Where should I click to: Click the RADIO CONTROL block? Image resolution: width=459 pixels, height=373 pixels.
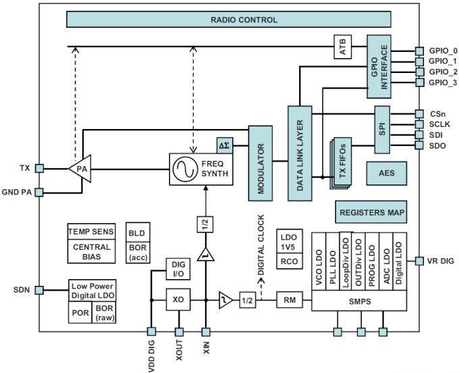click(244, 20)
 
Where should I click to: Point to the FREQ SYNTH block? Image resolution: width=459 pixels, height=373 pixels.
click(200, 170)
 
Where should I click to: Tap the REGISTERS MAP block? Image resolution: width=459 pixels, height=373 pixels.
click(372, 212)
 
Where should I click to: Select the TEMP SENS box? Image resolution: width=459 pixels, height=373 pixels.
click(92, 232)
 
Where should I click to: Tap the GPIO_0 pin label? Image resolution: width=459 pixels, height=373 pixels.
click(443, 51)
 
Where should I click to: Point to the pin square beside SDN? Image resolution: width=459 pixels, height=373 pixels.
click(40, 290)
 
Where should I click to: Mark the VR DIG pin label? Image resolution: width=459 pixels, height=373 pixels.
click(441, 261)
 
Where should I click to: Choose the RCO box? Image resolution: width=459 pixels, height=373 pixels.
click(289, 261)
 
